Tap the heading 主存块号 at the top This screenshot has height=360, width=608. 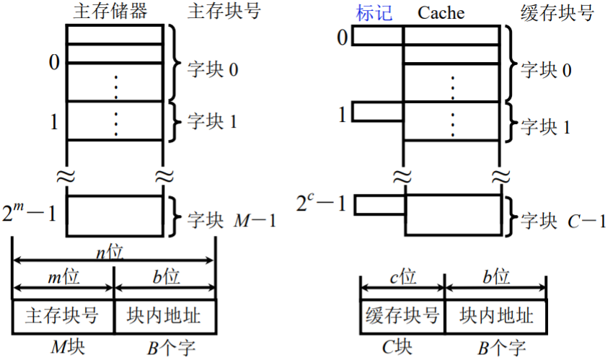pyautogui.click(x=223, y=12)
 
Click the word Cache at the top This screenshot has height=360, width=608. pyautogui.click(x=441, y=13)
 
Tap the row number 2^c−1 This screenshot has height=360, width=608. pyautogui.click(x=322, y=204)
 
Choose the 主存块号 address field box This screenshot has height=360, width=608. pyautogui.click(x=63, y=317)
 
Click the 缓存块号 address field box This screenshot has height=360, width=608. pyautogui.click(x=402, y=317)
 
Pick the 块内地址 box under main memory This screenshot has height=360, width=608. pyautogui.click(x=164, y=317)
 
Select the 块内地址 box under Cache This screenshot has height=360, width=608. pyautogui.click(x=495, y=317)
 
